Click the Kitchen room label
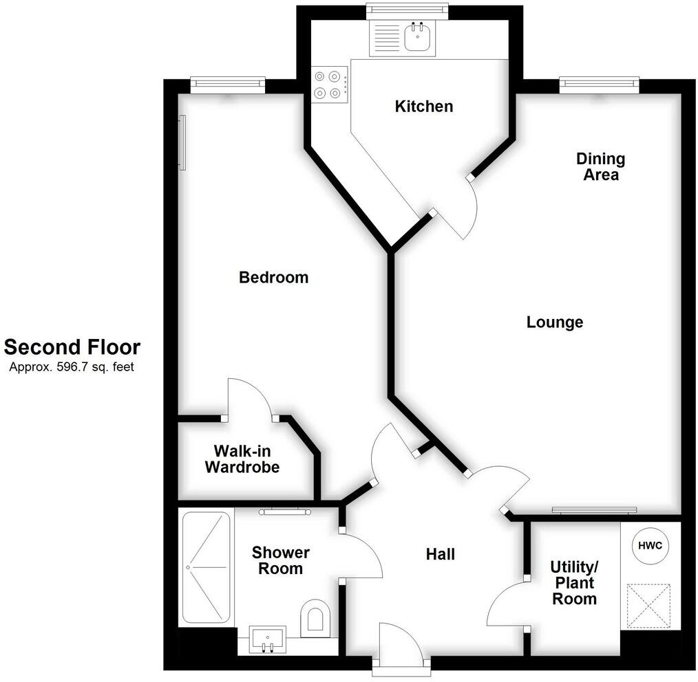pos(423,107)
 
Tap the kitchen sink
pos(416,37)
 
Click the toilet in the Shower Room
pos(315,615)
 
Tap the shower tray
pos(206,567)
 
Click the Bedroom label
pos(273,278)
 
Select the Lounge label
pos(554,322)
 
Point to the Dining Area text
pos(600,167)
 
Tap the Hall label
pos(440,554)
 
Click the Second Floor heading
pos(72,347)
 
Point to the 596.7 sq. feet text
pos(72,367)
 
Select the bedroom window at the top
pos(227,84)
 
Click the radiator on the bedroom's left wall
pos(182,142)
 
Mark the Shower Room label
pos(280,560)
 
